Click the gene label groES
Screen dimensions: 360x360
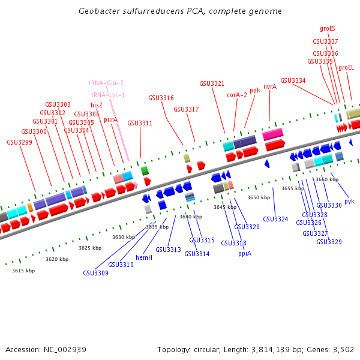[x=328, y=28]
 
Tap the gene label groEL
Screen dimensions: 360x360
[x=346, y=68]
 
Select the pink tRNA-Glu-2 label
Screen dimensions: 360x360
[x=106, y=83]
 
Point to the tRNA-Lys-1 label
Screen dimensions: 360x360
[x=108, y=95]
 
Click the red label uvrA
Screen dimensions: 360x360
[x=270, y=86]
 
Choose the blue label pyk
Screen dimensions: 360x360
[x=349, y=201]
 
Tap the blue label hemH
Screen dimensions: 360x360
[x=144, y=257]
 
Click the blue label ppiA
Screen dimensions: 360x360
[x=245, y=253]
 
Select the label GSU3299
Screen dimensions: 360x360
[x=20, y=142]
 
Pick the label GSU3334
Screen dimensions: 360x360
[x=293, y=80]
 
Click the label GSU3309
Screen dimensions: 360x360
[x=95, y=273]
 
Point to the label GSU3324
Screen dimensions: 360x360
[x=275, y=219]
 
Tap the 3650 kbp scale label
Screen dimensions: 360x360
[x=259, y=197]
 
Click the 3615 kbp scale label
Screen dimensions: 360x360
[x=23, y=271]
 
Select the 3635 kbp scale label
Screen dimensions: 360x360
[x=157, y=227]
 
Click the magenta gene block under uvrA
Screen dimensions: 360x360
[x=272, y=134]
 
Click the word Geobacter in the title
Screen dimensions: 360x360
[x=98, y=11]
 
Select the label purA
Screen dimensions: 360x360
[x=110, y=120]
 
